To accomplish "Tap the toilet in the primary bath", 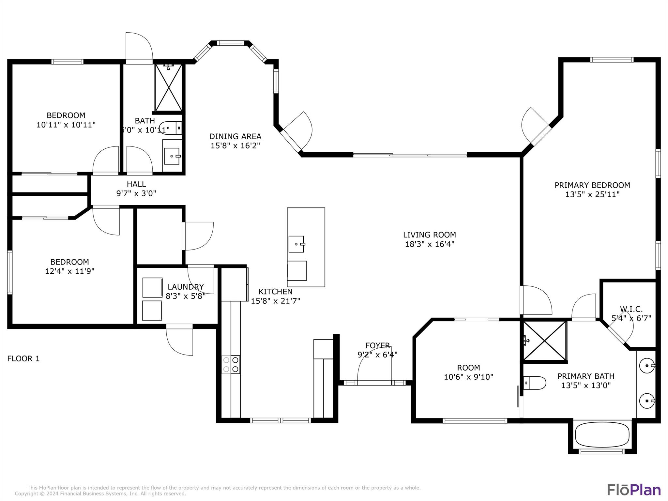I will [535, 383].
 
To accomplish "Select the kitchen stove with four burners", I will [231, 365].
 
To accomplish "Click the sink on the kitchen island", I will [296, 244].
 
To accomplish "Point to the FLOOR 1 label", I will [23, 359].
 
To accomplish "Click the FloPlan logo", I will [634, 490].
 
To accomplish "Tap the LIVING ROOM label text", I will [429, 235].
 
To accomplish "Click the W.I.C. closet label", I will [631, 309].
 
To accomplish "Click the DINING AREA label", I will [235, 136].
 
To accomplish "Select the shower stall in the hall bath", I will [168, 87].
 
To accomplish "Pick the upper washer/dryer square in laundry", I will [152, 287].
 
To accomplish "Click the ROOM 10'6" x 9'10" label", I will [468, 372].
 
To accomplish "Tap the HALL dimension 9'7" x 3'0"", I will [136, 193].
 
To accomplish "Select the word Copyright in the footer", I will [26, 494].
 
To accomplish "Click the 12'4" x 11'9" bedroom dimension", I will [69, 271].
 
